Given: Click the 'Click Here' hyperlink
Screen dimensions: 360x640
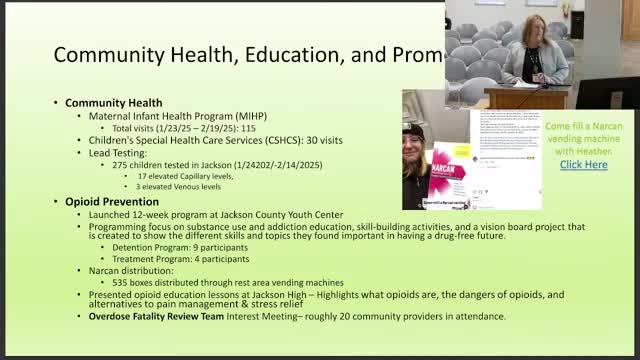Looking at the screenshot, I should [583, 164].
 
